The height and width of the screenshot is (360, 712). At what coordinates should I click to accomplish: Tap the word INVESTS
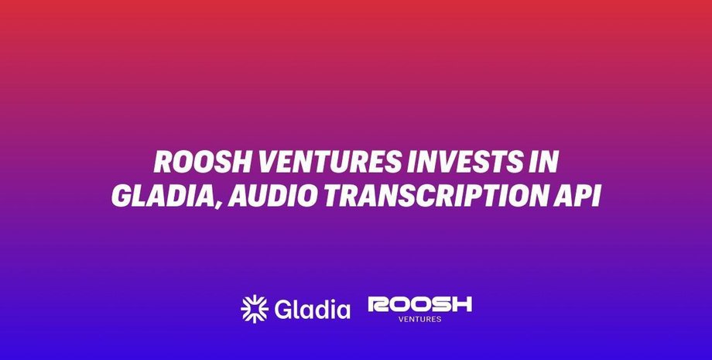(464, 162)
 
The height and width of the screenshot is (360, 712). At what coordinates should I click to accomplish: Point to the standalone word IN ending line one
(543, 162)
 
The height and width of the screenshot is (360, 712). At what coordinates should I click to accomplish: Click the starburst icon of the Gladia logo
(255, 309)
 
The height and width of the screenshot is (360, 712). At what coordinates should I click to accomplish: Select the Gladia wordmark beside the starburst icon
(312, 309)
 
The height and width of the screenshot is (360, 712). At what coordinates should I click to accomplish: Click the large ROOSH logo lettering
(420, 304)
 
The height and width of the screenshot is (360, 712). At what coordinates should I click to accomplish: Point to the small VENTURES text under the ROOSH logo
(419, 319)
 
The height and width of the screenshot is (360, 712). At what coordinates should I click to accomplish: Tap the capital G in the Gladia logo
(283, 310)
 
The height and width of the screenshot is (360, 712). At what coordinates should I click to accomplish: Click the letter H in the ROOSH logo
(461, 304)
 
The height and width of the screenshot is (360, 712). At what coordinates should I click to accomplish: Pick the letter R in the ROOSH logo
(378, 304)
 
